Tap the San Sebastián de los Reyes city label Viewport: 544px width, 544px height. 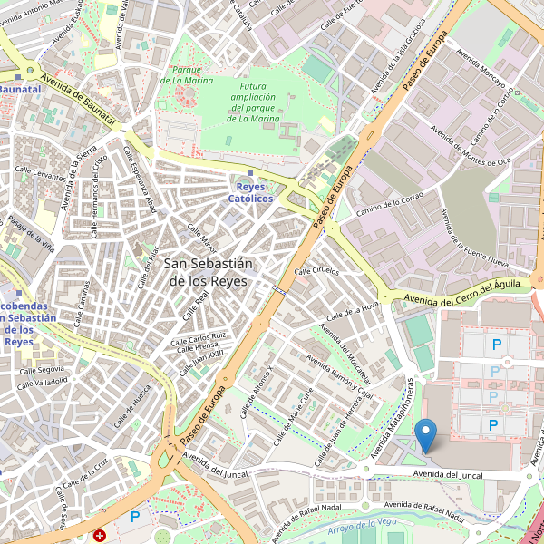click(209, 272)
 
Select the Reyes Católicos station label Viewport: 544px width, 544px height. click(250, 191)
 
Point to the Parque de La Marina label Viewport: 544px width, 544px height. click(187, 76)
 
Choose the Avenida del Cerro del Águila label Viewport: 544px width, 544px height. click(462, 292)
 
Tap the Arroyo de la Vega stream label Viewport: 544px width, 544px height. click(364, 524)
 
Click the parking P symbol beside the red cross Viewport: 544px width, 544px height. click(135, 517)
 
